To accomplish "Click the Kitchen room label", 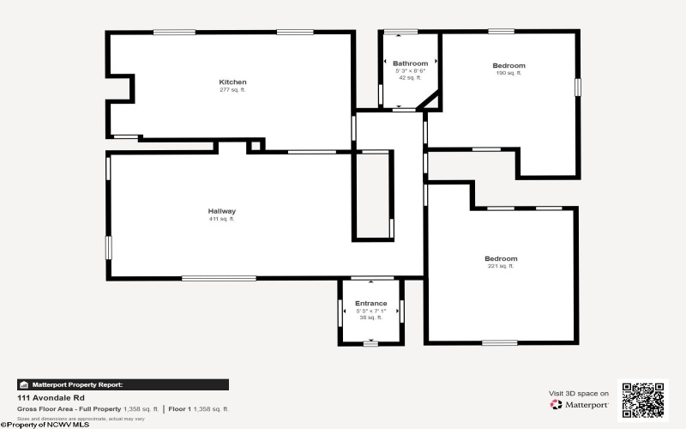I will point(232,82).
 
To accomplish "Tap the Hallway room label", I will point(221,211).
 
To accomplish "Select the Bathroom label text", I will point(410,63).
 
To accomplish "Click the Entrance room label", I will point(370,303).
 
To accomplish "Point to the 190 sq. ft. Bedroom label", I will point(508,65).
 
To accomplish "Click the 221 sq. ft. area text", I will point(501,267).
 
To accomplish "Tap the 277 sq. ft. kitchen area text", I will point(232,90).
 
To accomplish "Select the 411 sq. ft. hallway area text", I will point(221,219).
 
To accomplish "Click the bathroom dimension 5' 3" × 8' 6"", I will point(410,71).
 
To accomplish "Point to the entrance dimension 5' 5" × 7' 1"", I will point(370,311).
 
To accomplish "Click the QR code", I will point(642,398).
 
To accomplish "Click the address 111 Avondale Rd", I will point(49,398).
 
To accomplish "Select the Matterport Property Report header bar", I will point(123,384).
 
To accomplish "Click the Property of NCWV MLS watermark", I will point(45,424).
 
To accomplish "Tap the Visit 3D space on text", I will point(579,393).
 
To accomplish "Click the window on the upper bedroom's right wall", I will point(578,87).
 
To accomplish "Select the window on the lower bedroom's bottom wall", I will point(499,342).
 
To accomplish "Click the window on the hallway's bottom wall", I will point(219,278).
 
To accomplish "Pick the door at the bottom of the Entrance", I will point(370,343).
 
